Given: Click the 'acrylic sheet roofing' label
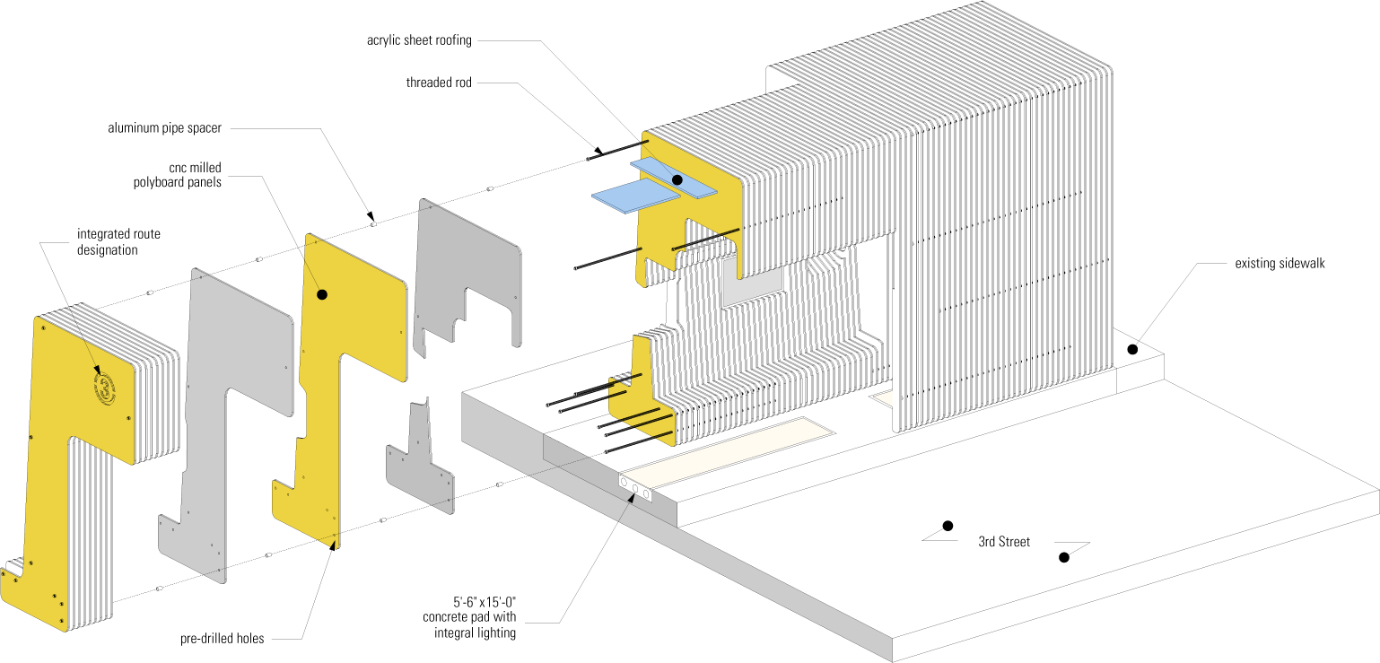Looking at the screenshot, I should [419, 40].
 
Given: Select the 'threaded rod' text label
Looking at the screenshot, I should [439, 83].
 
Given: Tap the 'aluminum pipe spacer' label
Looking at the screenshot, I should [164, 128].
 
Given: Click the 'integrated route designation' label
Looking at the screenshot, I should [118, 242].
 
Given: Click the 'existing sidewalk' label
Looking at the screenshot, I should [1280, 264].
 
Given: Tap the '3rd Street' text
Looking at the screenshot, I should [1004, 542].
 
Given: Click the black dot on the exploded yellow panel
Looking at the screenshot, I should [321, 294].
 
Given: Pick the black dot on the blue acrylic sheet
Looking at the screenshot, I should [677, 180].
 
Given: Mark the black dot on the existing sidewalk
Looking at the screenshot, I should [1132, 349].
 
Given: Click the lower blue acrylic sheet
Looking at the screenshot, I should [635, 196].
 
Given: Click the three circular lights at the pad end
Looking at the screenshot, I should [634, 489].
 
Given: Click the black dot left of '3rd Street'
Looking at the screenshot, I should [947, 526].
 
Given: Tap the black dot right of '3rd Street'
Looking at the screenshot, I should [1063, 557].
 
